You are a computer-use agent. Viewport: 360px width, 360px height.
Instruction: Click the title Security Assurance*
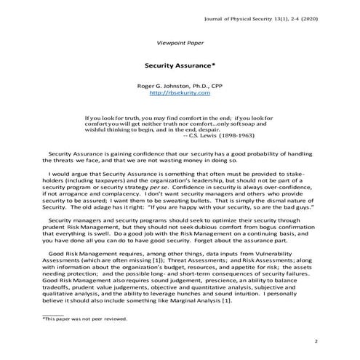pos(179,64)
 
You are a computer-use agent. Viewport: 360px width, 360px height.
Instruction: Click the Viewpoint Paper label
pos(179,43)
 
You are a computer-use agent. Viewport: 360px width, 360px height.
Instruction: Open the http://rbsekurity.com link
pos(179,93)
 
